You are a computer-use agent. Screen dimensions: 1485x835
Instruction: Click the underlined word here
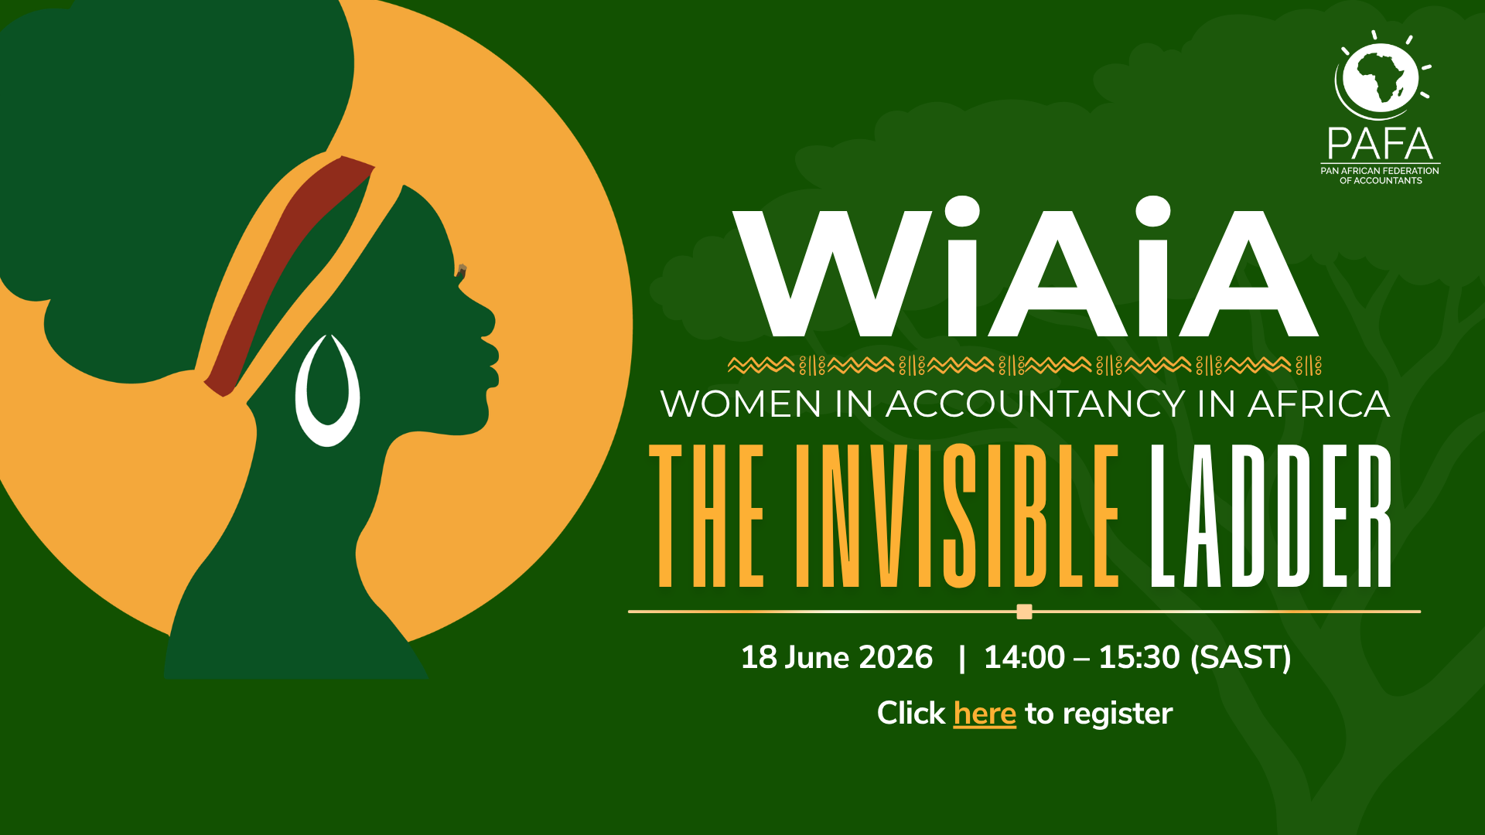point(985,714)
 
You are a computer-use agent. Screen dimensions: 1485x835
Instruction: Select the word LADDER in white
point(1271,516)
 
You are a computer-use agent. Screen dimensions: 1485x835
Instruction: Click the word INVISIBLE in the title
point(958,516)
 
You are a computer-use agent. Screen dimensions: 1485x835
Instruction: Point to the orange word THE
point(706,516)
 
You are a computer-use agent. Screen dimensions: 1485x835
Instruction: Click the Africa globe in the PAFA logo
point(1381,76)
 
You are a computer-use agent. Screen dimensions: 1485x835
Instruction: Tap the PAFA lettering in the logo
point(1381,144)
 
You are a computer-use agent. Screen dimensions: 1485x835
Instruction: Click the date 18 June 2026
point(837,658)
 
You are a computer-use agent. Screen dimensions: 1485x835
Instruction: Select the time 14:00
point(1024,658)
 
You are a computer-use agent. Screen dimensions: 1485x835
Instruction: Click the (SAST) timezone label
point(1241,658)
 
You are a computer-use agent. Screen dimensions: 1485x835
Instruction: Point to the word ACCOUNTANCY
point(1035,404)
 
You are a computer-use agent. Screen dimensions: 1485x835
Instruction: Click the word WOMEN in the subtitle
point(741,404)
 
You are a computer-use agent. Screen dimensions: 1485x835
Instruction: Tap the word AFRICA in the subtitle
point(1319,404)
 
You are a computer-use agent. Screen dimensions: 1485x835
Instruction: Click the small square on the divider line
point(1025,612)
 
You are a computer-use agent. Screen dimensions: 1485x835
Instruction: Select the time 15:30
point(1139,658)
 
